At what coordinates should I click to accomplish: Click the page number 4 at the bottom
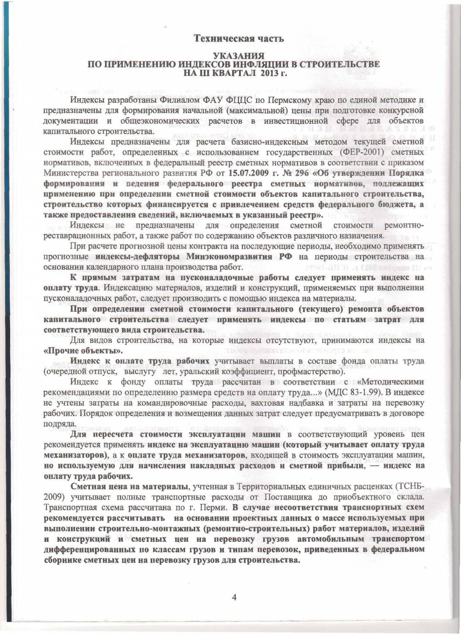pos(234,597)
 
